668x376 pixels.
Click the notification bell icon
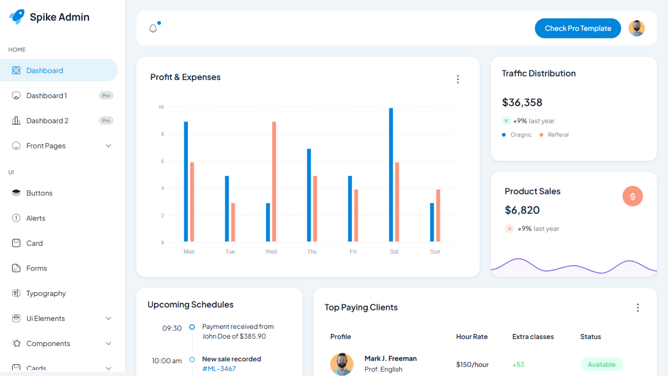[153, 28]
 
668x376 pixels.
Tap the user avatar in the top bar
[636, 28]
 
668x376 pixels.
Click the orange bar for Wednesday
[274, 181]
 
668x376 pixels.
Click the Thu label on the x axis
[312, 252]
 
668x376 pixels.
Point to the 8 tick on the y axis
[162, 134]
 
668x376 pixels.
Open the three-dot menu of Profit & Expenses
[458, 79]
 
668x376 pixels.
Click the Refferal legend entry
[558, 135]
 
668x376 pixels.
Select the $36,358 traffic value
[522, 102]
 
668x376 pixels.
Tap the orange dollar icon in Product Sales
[632, 196]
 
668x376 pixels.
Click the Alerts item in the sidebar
[36, 218]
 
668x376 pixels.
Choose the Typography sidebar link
[46, 293]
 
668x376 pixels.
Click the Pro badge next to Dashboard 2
[106, 120]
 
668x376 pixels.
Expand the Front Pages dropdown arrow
[109, 146]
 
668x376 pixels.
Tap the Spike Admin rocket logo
[17, 17]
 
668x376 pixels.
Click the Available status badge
[601, 365]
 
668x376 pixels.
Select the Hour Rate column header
[471, 337]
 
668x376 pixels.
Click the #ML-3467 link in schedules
[219, 369]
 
